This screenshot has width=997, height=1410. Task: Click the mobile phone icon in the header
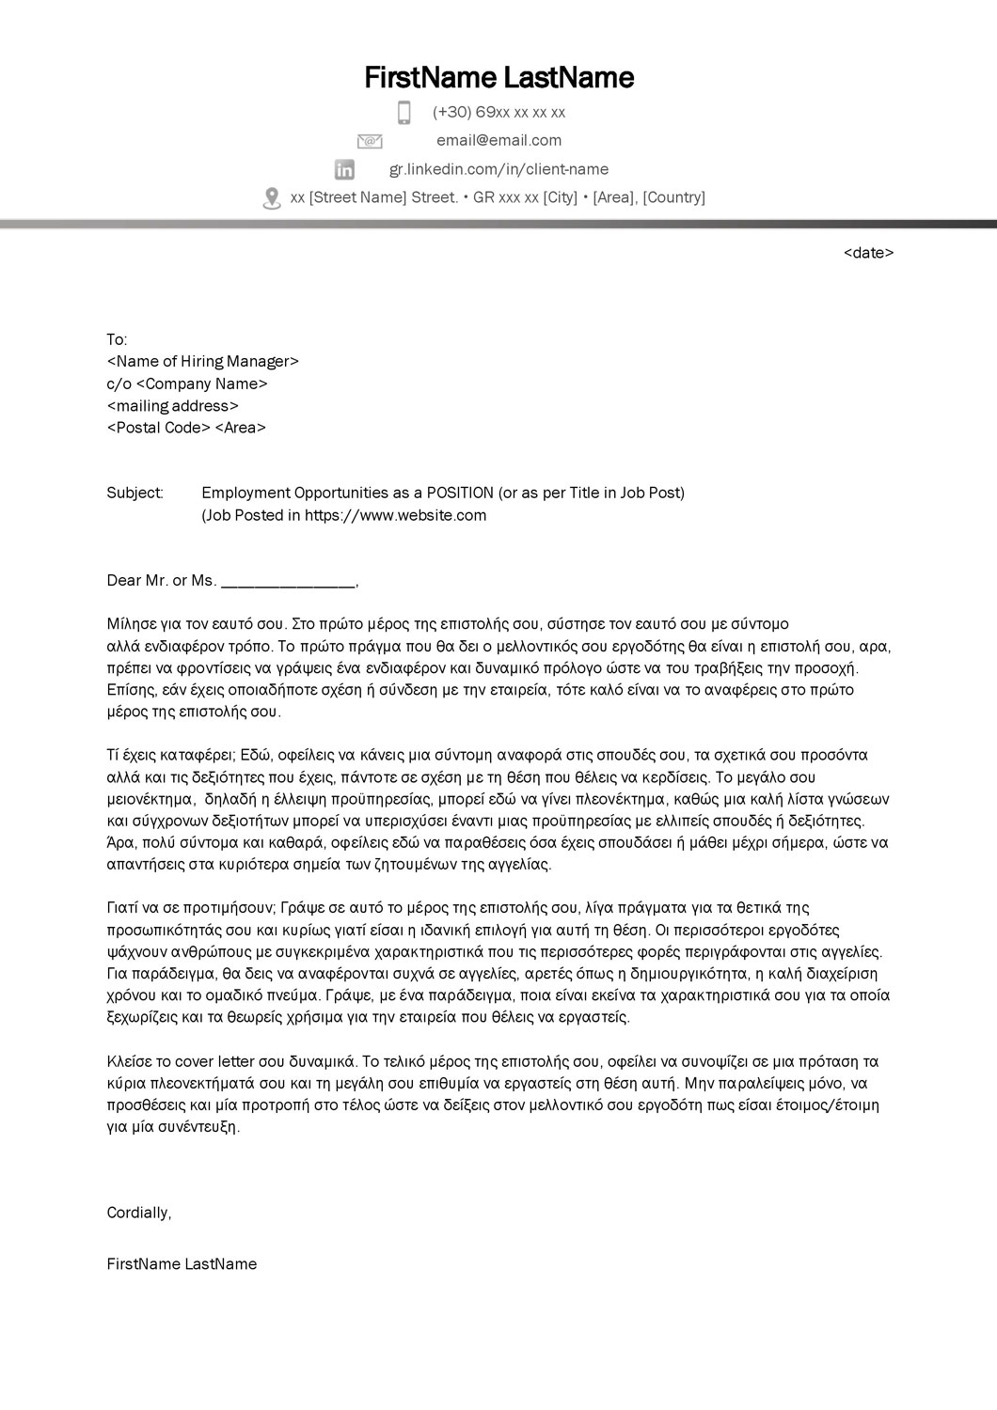pyautogui.click(x=404, y=113)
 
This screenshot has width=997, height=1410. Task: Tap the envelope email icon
pyautogui.click(x=370, y=141)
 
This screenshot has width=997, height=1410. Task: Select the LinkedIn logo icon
pyautogui.click(x=345, y=169)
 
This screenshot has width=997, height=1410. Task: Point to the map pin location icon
pyautogui.click(x=272, y=198)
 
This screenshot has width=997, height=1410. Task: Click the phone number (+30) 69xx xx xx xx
pyautogui.click(x=498, y=113)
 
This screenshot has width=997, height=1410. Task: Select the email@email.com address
pyautogui.click(x=498, y=141)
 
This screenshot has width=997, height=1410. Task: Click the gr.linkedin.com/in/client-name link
pyautogui.click(x=498, y=169)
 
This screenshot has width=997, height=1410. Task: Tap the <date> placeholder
pyautogui.click(x=868, y=253)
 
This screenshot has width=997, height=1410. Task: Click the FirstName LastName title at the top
pyautogui.click(x=498, y=77)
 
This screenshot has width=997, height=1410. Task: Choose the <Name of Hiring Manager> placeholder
pyautogui.click(x=203, y=362)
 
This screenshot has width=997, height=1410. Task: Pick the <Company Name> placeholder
pyautogui.click(x=202, y=384)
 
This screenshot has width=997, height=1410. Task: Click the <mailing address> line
pyautogui.click(x=173, y=406)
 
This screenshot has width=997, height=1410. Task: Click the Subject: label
pyautogui.click(x=135, y=493)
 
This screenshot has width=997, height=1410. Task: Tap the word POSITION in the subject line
pyautogui.click(x=460, y=493)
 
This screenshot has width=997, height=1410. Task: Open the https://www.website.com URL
pyautogui.click(x=395, y=515)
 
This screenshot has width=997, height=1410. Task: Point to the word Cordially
pyautogui.click(x=138, y=1213)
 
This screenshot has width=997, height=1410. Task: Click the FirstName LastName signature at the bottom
pyautogui.click(x=182, y=1264)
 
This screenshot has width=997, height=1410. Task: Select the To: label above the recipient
pyautogui.click(x=117, y=339)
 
